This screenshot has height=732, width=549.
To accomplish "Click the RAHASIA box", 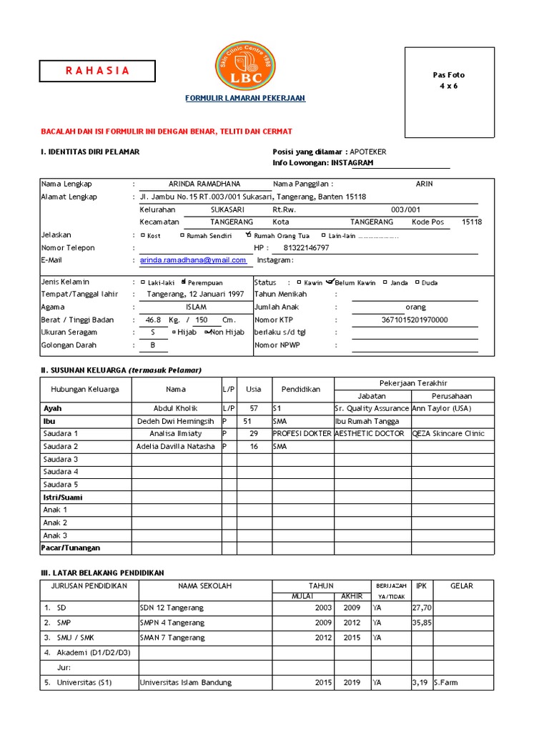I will tap(98, 71).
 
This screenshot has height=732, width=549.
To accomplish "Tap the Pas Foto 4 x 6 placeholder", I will tap(449, 92).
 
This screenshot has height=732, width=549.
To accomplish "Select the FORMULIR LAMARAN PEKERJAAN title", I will tap(245, 98).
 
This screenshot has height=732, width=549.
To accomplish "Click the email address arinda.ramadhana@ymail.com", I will tap(192, 260).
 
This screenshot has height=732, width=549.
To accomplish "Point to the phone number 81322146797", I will tap(307, 247).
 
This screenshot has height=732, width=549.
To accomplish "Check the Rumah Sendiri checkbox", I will tap(182, 235).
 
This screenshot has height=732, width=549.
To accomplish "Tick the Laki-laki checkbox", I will tap(142, 282).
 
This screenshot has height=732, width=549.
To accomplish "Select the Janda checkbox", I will tap(385, 282).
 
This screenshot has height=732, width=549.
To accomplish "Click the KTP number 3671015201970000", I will tap(415, 320).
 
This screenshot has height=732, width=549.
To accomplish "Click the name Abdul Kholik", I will tap(175, 408).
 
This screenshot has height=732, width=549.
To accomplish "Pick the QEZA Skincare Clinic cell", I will tap(448, 433).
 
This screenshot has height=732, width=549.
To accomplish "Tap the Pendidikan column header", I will tap(300, 390).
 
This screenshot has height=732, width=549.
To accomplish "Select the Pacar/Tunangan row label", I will tap(71, 548).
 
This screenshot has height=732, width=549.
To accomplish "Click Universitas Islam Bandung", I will tap(181, 683).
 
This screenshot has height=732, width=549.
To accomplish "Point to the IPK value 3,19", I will tap(420, 683).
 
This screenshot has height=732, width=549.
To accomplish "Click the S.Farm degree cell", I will tap(446, 683).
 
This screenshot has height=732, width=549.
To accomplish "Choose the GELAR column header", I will tap(462, 585).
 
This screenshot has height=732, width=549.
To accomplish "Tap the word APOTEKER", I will tap(369, 152).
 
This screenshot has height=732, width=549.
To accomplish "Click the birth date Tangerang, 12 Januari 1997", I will tap(195, 294).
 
